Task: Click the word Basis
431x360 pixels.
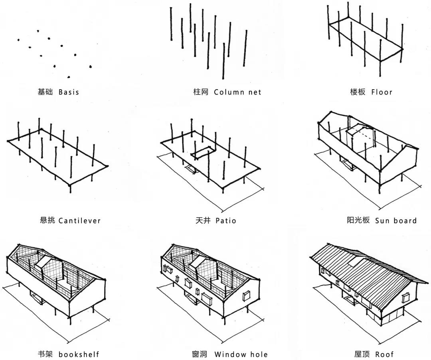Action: pos(69,92)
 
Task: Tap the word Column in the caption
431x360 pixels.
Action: pos(229,92)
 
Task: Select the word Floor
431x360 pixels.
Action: pos(382,92)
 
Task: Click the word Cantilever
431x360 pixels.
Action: pos(79,220)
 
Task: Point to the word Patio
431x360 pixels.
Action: pos(226,220)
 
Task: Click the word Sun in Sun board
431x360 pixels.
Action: pos(382,220)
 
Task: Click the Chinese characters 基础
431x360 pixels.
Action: pos(45,92)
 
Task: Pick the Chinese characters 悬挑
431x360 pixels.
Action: pos(47,220)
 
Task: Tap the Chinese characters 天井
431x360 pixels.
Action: pos(202,220)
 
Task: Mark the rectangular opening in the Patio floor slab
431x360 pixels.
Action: pos(202,152)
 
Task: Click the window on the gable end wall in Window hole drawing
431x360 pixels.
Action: pos(246,295)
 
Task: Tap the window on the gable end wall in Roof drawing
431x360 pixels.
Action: pos(407,297)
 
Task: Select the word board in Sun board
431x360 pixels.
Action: pos(405,220)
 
